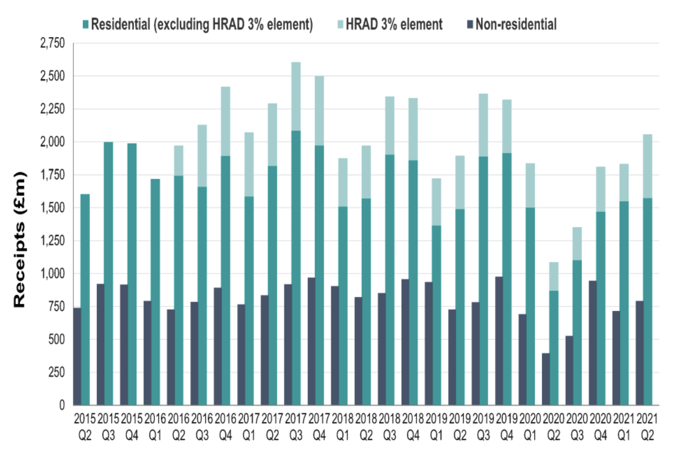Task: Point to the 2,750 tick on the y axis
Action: (x=52, y=43)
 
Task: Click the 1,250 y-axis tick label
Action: (x=52, y=241)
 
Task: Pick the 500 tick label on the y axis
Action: (x=57, y=339)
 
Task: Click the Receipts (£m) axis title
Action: (x=19, y=239)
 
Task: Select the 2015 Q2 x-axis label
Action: (x=85, y=427)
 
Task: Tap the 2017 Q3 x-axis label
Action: (x=296, y=427)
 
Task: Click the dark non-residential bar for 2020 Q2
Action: (x=546, y=379)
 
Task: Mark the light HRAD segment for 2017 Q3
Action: (x=296, y=96)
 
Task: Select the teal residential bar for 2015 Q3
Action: (x=108, y=274)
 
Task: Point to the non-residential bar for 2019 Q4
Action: (x=499, y=341)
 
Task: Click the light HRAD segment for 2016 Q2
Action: (x=179, y=161)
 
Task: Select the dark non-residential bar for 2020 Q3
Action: (x=569, y=370)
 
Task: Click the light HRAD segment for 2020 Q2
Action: (x=554, y=276)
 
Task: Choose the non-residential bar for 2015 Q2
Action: (x=77, y=356)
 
